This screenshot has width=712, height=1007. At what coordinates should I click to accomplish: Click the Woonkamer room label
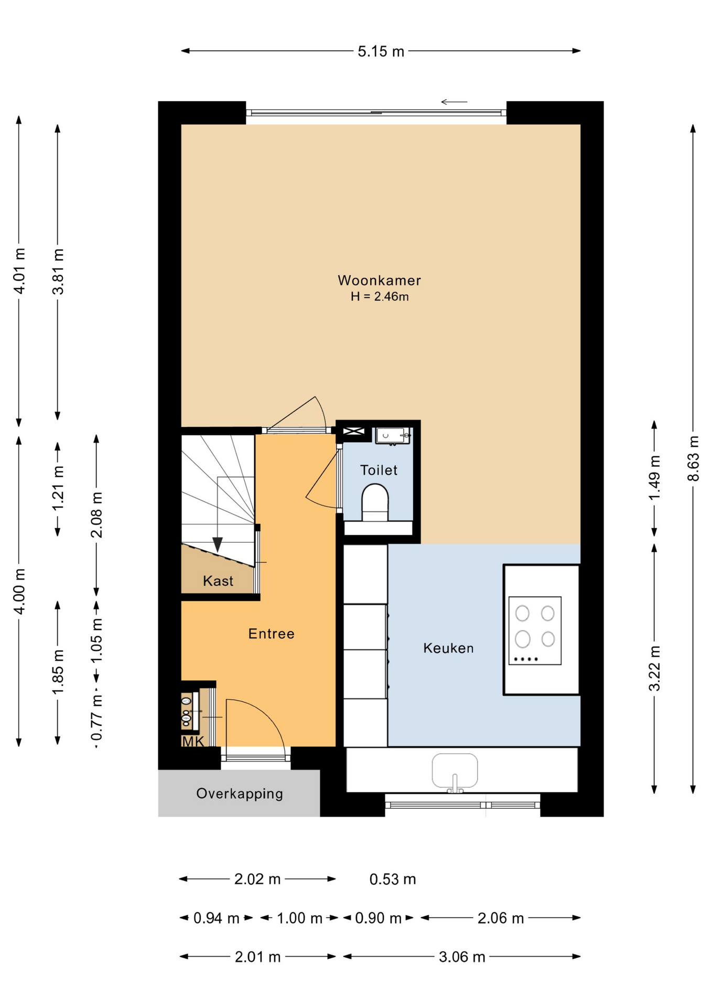click(379, 280)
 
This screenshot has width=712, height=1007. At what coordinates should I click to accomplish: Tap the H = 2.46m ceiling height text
click(380, 296)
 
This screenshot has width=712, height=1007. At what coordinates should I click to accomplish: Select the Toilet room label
click(379, 470)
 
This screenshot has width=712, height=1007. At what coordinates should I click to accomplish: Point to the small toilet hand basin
click(392, 436)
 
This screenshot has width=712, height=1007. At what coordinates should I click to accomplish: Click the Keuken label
click(448, 648)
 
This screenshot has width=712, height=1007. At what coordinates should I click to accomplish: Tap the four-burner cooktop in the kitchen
click(535, 630)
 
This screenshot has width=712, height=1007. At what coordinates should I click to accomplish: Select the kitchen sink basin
click(455, 771)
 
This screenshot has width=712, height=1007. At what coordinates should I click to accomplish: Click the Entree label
click(271, 634)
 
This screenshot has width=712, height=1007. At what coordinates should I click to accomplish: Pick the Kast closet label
click(218, 581)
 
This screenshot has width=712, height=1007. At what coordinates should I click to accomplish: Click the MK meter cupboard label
click(193, 741)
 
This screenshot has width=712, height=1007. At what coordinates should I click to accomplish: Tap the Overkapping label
click(240, 794)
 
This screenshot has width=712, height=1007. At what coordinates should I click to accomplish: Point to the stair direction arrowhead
click(217, 544)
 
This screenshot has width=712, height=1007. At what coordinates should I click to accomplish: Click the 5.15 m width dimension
click(381, 51)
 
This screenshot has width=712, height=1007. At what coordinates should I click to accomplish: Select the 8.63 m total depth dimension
click(693, 458)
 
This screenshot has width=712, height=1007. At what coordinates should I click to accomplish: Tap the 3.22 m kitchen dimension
click(654, 669)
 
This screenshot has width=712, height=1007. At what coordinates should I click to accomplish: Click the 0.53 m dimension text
click(393, 879)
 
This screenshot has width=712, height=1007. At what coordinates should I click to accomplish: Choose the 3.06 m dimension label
click(462, 957)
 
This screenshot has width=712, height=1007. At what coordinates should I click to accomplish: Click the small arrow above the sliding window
click(454, 102)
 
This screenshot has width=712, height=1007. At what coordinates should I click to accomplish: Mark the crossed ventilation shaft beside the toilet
click(353, 432)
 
